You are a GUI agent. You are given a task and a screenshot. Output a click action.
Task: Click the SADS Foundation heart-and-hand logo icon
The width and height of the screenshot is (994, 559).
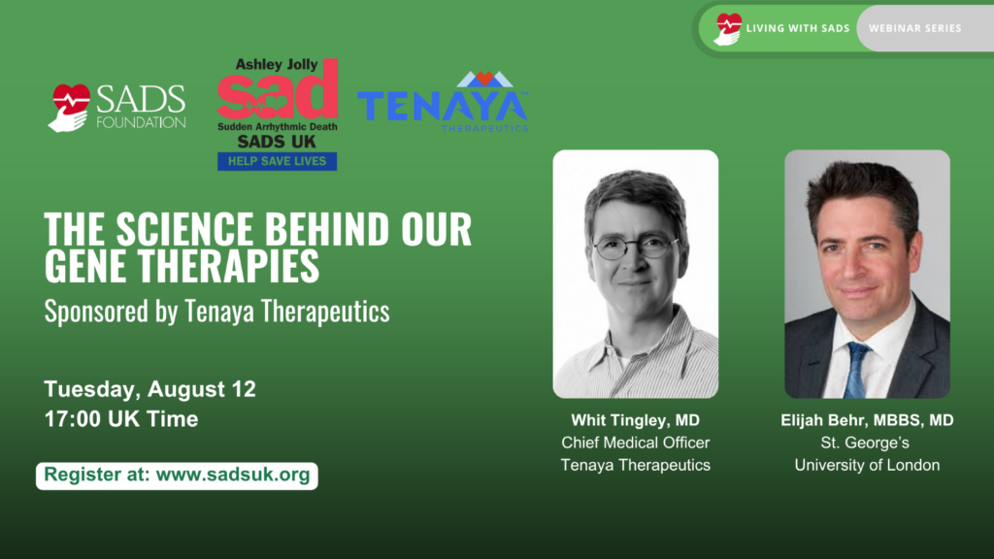pos(69,108)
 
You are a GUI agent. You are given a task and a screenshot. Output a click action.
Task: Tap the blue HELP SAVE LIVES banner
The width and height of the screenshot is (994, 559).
pos(277,161)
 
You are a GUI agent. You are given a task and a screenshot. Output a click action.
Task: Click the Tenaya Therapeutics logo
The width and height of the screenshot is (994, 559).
pos(443,101)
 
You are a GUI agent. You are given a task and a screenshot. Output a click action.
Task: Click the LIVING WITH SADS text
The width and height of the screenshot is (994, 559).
pos(798,28)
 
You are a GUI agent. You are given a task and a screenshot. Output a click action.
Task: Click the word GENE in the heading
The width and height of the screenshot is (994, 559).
pos(85,265)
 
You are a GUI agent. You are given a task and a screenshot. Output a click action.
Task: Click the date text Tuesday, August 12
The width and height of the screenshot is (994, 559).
pos(149,388)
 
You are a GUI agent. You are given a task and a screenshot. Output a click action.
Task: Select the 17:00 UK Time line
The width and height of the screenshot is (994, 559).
pos(121,419)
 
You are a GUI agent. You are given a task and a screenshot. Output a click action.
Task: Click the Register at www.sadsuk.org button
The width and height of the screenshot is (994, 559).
pos(177,476)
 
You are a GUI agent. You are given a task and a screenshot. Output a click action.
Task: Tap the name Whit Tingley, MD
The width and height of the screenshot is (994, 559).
pos(635,420)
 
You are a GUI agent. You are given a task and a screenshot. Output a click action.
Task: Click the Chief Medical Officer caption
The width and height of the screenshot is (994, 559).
pos(635,443)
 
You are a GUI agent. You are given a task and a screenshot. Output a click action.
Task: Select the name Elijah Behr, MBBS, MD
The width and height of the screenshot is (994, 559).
pos(867,420)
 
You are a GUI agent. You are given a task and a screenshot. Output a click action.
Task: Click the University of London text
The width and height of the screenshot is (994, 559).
pos(867,465)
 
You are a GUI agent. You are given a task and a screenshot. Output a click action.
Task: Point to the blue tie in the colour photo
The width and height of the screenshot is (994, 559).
pos(856,370)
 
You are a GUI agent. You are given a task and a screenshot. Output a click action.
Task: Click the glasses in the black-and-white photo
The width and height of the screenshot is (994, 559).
pos(635,247)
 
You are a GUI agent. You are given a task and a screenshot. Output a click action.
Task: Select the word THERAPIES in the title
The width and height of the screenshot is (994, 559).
pos(229,265)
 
